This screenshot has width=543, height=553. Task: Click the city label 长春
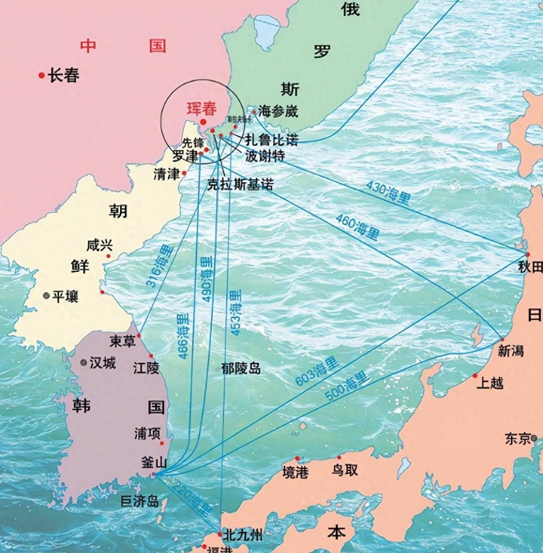64,76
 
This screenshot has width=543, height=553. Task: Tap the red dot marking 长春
42,75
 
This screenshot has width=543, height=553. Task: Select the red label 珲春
202,109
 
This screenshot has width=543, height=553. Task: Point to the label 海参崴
278,112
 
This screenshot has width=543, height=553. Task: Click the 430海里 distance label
388,192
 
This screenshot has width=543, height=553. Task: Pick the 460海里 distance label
357,226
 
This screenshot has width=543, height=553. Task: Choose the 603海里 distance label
317,371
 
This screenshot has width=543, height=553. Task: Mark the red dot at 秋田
528,254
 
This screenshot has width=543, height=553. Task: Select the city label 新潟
511,351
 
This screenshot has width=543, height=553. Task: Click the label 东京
518,438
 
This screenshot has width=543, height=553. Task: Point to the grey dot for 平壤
46,296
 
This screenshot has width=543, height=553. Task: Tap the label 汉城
102,363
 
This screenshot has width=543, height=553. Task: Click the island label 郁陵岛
241,369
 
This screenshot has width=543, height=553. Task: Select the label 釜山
154,462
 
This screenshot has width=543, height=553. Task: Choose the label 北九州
242,535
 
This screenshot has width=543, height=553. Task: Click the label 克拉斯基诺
240,185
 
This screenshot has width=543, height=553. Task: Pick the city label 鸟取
345,470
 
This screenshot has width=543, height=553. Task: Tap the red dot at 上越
475,376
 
